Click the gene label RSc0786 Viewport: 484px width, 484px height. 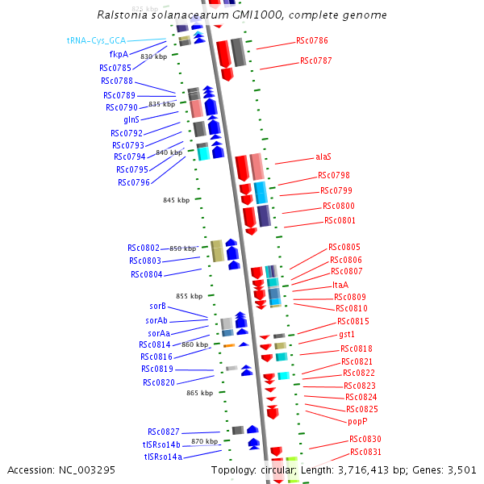(x=311, y=40)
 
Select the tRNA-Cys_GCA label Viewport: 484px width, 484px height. (x=96, y=40)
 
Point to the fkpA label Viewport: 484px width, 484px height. (x=119, y=54)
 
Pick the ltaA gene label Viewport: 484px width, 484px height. (x=340, y=285)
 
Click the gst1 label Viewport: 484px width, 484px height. (x=347, y=334)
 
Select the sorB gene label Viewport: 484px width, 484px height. (x=157, y=307)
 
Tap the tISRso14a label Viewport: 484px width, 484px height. (x=163, y=457)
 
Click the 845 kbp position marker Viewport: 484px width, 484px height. (x=176, y=200)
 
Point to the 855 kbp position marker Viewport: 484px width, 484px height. (x=189, y=296)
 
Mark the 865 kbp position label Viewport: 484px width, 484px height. (x=199, y=393)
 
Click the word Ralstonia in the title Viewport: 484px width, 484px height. (x=121, y=15)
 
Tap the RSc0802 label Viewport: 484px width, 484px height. (x=144, y=248)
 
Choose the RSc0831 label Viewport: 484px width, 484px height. (x=365, y=452)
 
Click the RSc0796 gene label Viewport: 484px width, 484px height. (x=134, y=182)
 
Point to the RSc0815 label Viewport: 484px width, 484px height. (x=353, y=321)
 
